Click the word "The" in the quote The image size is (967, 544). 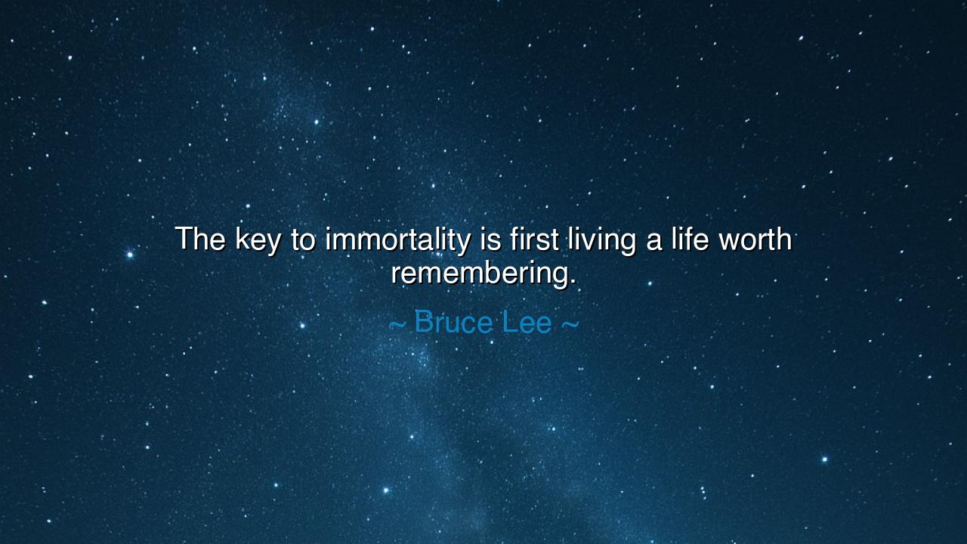[x=200, y=240]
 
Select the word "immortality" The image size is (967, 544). [x=397, y=240]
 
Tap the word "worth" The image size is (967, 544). [x=755, y=240]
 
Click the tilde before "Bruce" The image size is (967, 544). [x=397, y=325]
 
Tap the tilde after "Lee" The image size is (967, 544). [x=570, y=325]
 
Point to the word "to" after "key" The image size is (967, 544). [x=303, y=240]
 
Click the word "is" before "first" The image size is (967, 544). [x=488, y=240]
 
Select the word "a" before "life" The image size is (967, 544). [x=654, y=242]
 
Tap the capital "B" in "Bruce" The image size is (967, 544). [x=424, y=323]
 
